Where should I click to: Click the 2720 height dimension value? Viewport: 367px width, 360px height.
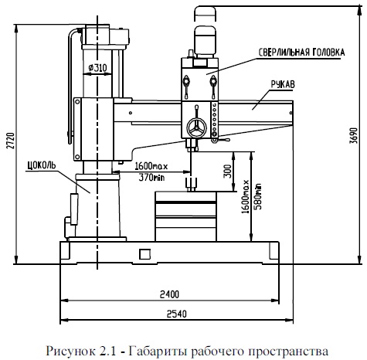(x=10, y=141)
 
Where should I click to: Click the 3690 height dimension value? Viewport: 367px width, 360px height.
(x=354, y=135)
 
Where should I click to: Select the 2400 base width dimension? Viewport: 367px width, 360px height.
(x=169, y=294)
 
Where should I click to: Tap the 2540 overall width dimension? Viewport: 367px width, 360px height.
(x=176, y=314)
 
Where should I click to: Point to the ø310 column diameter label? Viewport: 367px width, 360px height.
(x=97, y=68)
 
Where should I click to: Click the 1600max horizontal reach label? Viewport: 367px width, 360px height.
(x=151, y=166)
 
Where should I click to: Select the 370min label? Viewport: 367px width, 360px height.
(x=151, y=177)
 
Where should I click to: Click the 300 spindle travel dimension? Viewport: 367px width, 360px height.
(x=227, y=171)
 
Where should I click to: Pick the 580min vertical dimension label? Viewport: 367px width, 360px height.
(x=257, y=196)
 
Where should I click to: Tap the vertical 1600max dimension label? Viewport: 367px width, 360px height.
(x=246, y=196)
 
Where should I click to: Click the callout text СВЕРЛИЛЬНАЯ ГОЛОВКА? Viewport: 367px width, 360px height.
(x=301, y=53)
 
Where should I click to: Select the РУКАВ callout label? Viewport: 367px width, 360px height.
(x=283, y=84)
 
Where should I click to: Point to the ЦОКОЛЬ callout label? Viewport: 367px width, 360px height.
(x=42, y=165)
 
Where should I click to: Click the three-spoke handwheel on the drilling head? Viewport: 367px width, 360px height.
(x=197, y=127)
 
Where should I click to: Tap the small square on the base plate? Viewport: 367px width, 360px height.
(x=144, y=254)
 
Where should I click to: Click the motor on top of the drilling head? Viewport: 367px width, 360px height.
(x=205, y=41)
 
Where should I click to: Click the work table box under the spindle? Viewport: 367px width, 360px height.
(x=185, y=216)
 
